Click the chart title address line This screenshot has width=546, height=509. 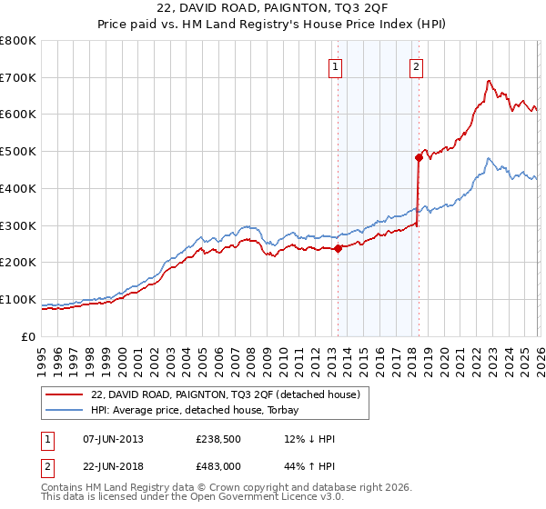(x=273, y=9)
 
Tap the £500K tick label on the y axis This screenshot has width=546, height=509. (x=18, y=151)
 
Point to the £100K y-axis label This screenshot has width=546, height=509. (x=18, y=299)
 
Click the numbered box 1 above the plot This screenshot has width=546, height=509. (x=336, y=65)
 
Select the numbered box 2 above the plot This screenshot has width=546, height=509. (x=416, y=65)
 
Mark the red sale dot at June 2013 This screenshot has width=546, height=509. (x=338, y=247)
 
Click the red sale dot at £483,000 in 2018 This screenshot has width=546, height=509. (x=419, y=157)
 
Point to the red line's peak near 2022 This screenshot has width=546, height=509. (x=489, y=81)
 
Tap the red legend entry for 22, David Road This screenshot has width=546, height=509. (x=226, y=394)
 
